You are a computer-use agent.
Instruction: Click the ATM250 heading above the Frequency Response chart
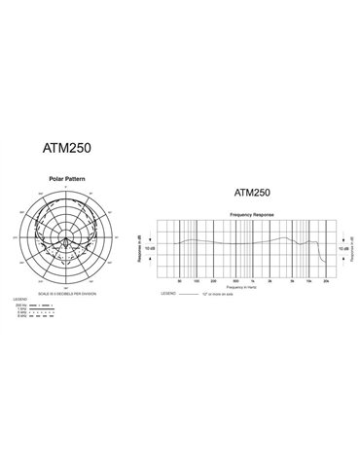click(252, 194)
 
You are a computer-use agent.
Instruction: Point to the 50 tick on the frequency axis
click(180, 280)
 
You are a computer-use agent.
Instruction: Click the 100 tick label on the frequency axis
click(197, 280)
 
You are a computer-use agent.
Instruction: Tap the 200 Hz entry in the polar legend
click(19, 304)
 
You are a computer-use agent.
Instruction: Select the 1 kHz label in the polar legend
click(19, 308)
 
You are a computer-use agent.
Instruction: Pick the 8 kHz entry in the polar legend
click(19, 318)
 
